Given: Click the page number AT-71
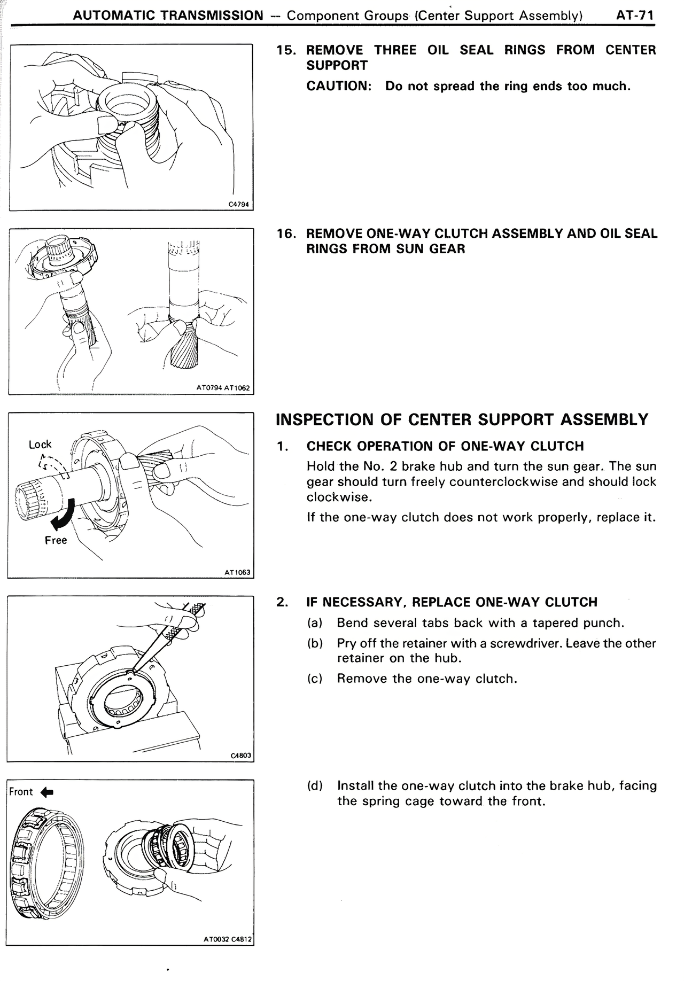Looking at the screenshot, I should tap(635, 15).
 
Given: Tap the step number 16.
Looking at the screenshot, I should tap(286, 233).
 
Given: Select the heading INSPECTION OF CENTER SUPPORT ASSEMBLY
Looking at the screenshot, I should tap(462, 419).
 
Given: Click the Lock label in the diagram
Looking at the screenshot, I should tap(40, 444).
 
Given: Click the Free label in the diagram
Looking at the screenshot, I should tap(56, 540).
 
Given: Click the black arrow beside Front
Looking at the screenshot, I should tap(47, 792).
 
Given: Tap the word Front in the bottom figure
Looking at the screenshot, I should tap(21, 792).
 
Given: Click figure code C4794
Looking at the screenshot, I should tap(240, 204).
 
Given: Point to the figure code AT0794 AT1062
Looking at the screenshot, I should tap(223, 388).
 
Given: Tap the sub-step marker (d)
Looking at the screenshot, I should tap(315, 786).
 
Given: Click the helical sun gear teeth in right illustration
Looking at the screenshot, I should tap(183, 347).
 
